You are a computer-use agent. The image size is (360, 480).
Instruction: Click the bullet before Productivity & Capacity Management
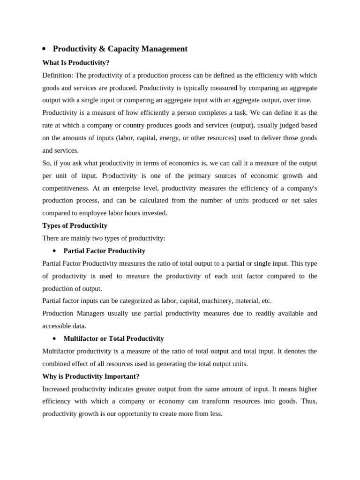tap(44, 49)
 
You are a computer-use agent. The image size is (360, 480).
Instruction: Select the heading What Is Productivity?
tap(75, 62)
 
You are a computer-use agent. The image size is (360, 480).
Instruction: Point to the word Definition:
tap(58, 75)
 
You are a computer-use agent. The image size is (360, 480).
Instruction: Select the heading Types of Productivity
tap(75, 225)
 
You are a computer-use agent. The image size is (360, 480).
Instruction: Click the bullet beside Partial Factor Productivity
tap(54, 251)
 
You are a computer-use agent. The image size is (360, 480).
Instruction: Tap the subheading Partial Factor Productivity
tap(104, 251)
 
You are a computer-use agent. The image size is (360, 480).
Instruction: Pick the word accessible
tap(56, 326)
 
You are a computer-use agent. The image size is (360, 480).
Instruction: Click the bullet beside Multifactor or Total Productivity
tap(54, 338)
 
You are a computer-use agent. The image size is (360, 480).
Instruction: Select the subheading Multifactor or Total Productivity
tap(113, 338)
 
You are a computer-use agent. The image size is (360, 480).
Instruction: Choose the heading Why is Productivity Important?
tap(90, 376)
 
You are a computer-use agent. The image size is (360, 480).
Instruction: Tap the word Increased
tap(57, 389)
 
